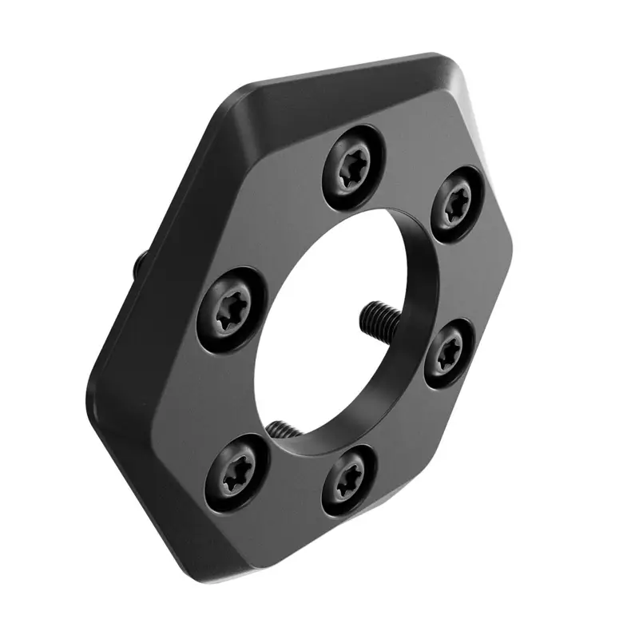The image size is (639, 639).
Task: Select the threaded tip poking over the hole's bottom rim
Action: coord(281,428)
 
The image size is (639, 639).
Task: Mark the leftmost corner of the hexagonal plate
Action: coord(89,383)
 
